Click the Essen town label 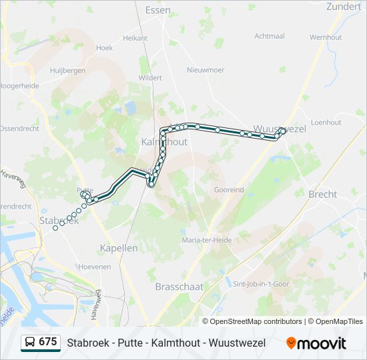click(157, 10)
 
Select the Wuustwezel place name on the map click(280, 129)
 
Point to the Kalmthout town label click(164, 142)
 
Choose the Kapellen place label click(118, 247)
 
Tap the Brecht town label click(323, 194)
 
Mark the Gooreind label click(229, 189)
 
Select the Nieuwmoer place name click(204, 69)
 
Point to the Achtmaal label click(270, 36)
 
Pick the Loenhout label click(326, 122)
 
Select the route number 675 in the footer click(47, 342)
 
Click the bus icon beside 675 click(29, 343)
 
